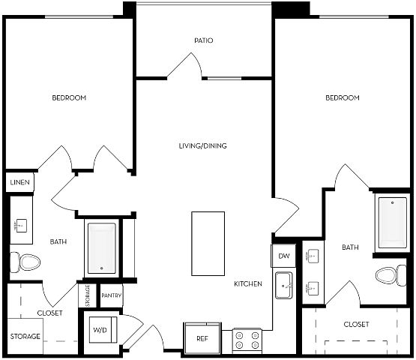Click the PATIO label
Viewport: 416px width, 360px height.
point(203,40)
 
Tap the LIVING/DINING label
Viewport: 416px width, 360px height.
point(203,145)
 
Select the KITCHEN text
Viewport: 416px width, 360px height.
point(248,283)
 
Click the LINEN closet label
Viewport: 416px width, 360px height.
point(19,182)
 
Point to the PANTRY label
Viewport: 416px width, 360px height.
point(112,295)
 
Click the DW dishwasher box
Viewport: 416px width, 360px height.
point(283,256)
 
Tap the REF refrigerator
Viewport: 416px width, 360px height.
point(202,338)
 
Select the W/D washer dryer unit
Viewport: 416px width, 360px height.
point(103,330)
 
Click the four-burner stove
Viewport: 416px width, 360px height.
point(247,341)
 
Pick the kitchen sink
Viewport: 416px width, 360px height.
point(283,285)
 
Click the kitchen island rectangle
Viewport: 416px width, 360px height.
point(208,244)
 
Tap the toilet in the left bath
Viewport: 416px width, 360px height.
point(25,262)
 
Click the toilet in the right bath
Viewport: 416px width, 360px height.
point(391,275)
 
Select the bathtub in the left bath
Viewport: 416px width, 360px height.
point(102,248)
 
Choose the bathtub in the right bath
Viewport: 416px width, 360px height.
point(392,223)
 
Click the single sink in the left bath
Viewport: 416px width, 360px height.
point(21,226)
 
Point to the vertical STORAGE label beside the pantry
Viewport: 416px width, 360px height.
point(88,295)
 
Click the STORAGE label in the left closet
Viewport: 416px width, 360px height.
point(25,336)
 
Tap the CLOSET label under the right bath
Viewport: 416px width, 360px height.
point(356,325)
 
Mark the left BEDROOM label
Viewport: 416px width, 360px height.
point(69,97)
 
